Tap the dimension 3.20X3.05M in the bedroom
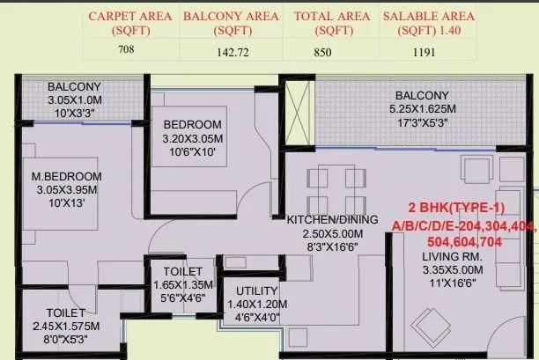pyautogui.click(x=192, y=138)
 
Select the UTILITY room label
pyautogui.click(x=257, y=290)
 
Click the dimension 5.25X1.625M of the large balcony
pyautogui.click(x=423, y=109)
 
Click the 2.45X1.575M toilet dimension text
pyautogui.click(x=66, y=327)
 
